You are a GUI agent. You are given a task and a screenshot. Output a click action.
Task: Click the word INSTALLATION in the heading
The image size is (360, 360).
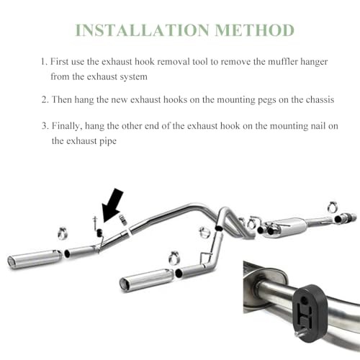tap(143, 30)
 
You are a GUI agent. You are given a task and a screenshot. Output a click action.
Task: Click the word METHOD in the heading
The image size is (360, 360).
tap(255, 30)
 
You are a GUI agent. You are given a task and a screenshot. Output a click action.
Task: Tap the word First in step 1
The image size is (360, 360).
tap(60, 61)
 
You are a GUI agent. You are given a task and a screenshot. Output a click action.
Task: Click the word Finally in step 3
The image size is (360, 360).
tap(67, 126)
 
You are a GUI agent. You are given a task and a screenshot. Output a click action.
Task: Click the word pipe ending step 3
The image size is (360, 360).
tap(108, 141)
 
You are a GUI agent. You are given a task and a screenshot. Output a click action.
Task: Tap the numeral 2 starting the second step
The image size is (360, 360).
tap(44, 99)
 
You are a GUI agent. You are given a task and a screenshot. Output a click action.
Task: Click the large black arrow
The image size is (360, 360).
tap(112, 204)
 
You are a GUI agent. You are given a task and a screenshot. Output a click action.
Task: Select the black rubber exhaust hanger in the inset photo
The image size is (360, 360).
tap(310, 313)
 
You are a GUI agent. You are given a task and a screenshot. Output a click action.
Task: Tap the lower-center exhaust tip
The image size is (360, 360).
tap(146, 279)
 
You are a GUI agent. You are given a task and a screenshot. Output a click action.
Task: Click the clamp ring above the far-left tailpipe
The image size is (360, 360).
tap(63, 233)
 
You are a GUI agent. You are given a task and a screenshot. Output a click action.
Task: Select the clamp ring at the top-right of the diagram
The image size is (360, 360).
tap(333, 207)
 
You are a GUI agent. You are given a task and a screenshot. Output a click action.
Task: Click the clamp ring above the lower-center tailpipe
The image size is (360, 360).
tap(174, 258)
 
